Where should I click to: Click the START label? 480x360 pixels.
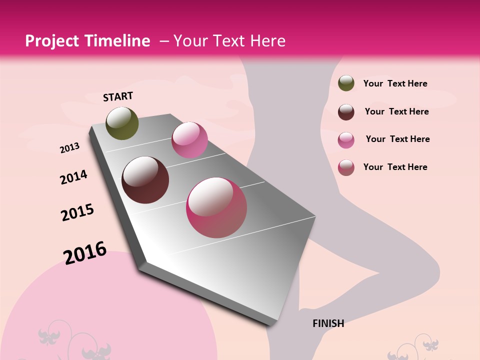click(118, 96)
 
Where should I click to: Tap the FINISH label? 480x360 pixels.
click(328, 323)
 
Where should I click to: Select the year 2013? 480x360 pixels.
click(69, 148)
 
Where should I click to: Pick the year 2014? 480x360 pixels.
click(73, 177)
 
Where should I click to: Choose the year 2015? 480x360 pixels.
click(77, 212)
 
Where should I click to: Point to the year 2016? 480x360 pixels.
click(85, 253)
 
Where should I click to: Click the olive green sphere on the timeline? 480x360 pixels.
click(122, 123)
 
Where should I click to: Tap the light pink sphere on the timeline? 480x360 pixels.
click(189, 140)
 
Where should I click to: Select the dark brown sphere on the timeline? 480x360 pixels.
click(145, 180)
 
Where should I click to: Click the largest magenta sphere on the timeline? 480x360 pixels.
click(216, 207)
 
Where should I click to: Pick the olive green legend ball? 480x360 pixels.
click(346, 83)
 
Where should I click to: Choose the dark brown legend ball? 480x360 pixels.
click(346, 112)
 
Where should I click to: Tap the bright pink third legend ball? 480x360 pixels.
click(346, 140)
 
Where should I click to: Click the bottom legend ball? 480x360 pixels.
click(346, 167)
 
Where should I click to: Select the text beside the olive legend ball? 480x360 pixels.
click(395, 83)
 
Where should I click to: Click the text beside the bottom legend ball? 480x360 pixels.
click(395, 167)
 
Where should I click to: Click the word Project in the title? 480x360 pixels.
click(52, 41)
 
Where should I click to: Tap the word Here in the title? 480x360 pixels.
click(267, 41)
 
